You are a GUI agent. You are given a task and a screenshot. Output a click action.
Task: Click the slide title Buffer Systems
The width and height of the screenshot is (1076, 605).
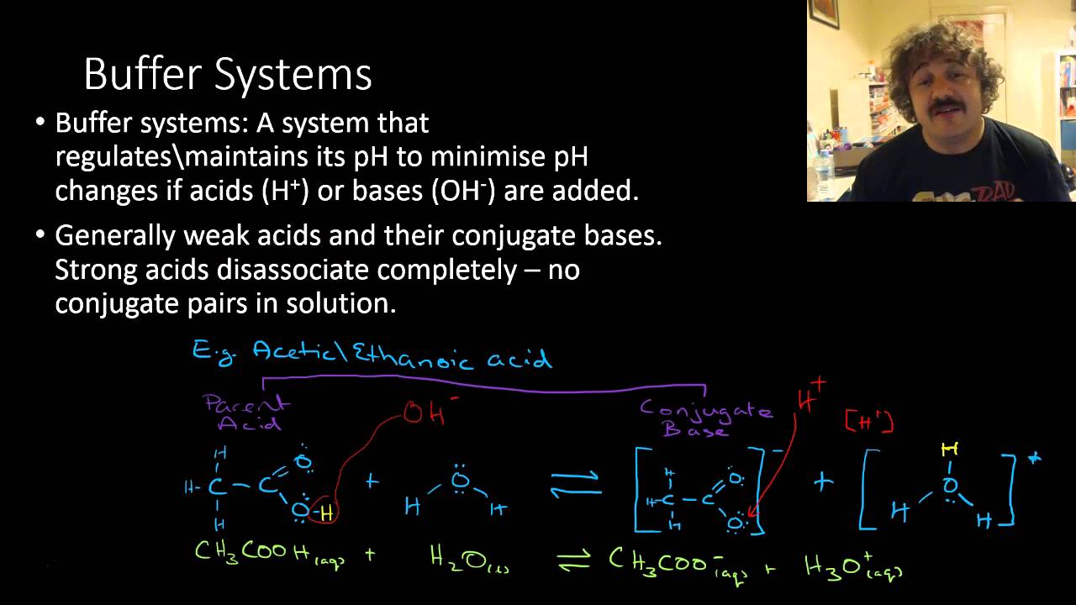(x=227, y=74)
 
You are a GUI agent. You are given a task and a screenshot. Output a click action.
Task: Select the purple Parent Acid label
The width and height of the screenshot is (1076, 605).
(x=246, y=413)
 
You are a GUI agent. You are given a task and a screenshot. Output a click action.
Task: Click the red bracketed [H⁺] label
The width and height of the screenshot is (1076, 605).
(x=868, y=421)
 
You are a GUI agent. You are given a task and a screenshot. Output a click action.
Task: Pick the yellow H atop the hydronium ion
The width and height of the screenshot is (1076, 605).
(x=950, y=451)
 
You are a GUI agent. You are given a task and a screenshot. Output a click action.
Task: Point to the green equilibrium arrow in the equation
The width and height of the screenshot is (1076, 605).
(x=575, y=561)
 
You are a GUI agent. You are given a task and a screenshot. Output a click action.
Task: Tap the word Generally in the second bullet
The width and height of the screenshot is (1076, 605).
(x=115, y=235)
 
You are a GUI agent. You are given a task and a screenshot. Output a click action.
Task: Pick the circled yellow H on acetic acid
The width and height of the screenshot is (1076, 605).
(x=326, y=511)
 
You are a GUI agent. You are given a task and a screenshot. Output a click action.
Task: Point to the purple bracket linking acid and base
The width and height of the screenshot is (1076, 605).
(x=483, y=385)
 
